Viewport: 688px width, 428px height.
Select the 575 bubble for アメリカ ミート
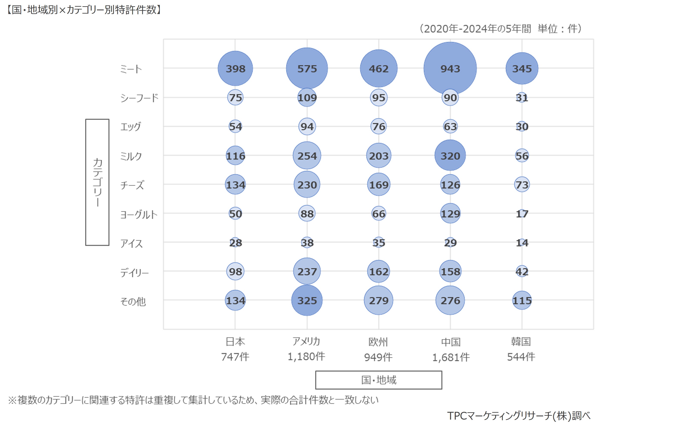click(x=307, y=69)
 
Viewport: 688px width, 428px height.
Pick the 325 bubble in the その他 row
click(x=307, y=300)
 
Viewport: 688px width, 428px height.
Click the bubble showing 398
click(x=235, y=69)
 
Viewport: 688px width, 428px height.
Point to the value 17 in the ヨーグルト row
click(x=522, y=214)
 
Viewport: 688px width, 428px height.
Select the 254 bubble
click(x=307, y=156)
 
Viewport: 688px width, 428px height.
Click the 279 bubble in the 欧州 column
click(x=378, y=300)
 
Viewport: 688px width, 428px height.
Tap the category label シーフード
click(x=139, y=98)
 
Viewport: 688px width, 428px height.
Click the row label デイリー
click(x=134, y=273)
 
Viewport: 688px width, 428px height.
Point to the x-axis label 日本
click(x=235, y=342)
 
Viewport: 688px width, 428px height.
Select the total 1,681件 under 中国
click(x=451, y=357)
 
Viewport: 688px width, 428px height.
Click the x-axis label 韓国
click(x=521, y=342)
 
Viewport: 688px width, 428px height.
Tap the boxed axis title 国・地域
click(x=378, y=380)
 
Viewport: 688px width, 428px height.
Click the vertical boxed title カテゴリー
click(x=97, y=182)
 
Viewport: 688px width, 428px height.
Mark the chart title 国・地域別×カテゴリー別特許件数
click(x=84, y=10)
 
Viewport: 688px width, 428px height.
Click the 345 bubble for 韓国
click(x=522, y=69)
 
